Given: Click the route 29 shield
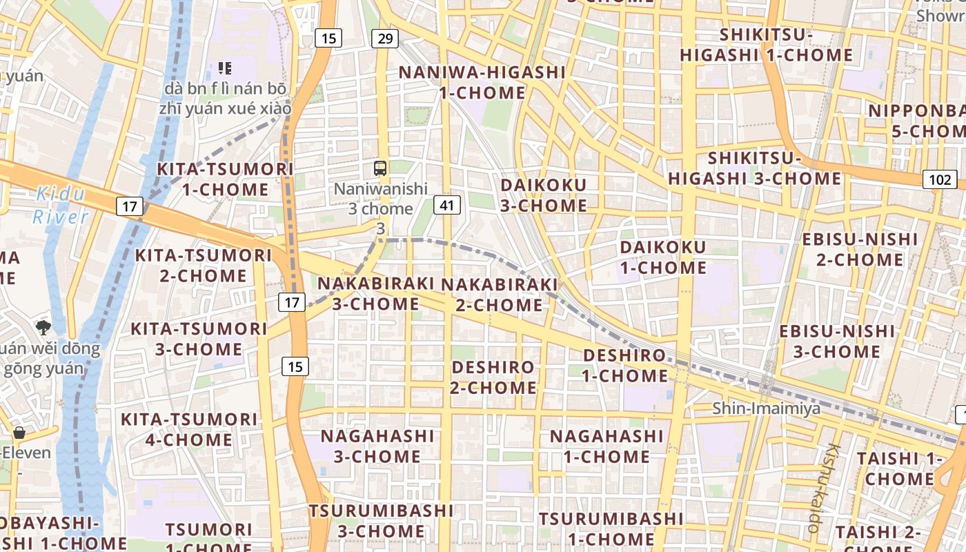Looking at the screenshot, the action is point(385,39).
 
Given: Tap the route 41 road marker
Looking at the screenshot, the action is point(448,204).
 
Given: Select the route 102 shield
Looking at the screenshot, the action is point(940,180).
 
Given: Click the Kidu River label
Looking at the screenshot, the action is point(61,205).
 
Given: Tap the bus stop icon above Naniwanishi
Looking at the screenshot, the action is point(380,168).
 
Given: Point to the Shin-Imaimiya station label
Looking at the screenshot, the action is point(767,408).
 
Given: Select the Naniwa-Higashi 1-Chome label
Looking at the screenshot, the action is point(482,82).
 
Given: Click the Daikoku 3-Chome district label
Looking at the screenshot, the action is point(544,195).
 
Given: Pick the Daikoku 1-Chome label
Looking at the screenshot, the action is point(663,257).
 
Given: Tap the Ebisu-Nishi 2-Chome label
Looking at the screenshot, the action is point(860,250).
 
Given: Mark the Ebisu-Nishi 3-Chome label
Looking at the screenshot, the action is point(837,342).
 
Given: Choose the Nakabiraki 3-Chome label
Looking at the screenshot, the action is point(375,294).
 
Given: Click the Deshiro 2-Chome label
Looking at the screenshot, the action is point(493,377).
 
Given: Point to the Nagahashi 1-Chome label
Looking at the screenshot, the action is point(607,446).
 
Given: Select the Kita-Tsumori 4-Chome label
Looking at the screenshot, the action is point(189,429).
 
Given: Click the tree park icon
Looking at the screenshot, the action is point(43,326).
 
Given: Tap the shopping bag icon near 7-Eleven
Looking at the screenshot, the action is point(19,433).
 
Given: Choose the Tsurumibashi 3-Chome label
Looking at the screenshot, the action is point(381,521).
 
